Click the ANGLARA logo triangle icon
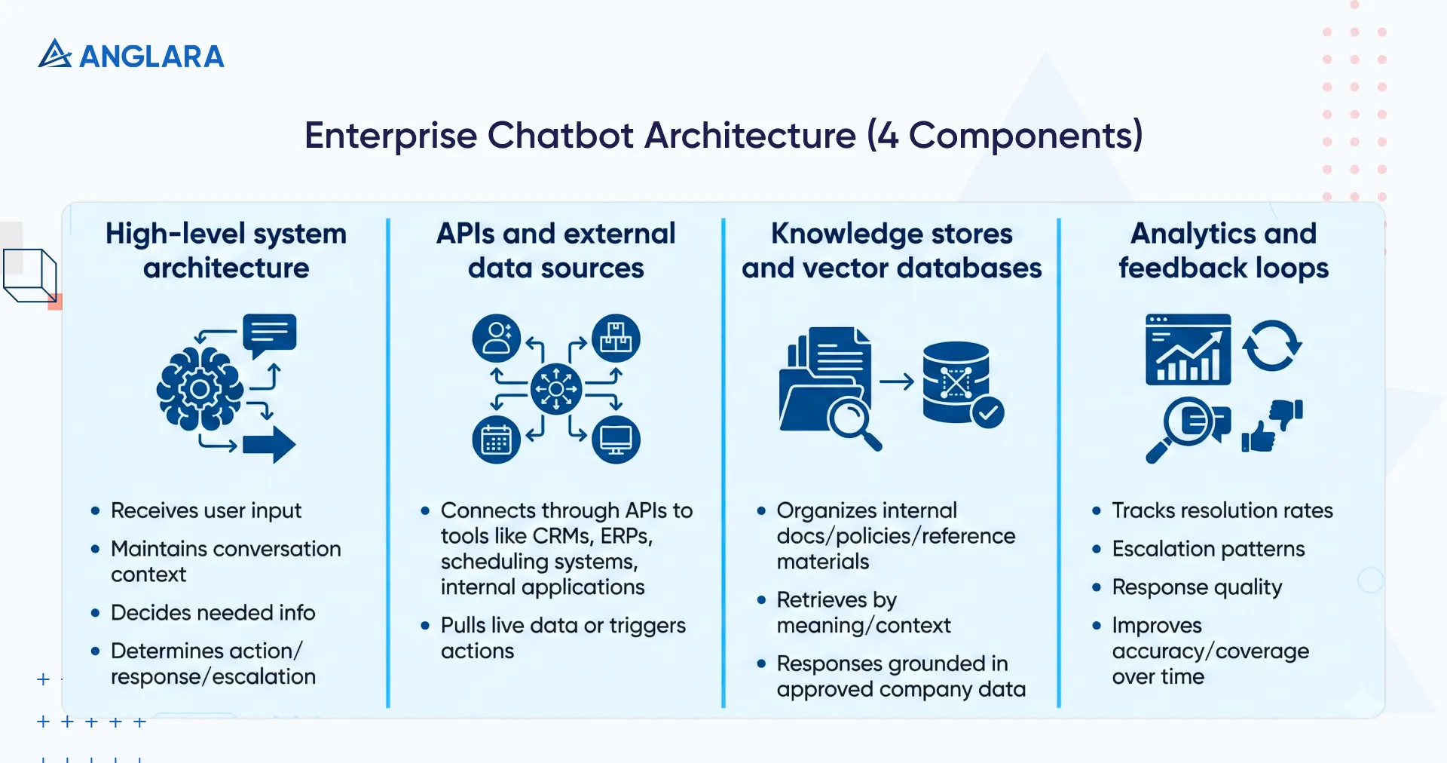54,54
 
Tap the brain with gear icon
199,389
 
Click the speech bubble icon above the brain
269,334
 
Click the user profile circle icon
496,338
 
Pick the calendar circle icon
496,440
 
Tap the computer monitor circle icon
616,440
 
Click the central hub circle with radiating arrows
556,389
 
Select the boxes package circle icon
616,338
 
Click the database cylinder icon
955,381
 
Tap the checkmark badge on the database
987,412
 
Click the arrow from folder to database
897,382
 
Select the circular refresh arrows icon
1272,346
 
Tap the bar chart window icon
1188,350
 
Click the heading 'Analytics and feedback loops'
1223,250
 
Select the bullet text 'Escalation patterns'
1208,549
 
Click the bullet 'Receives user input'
206,510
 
